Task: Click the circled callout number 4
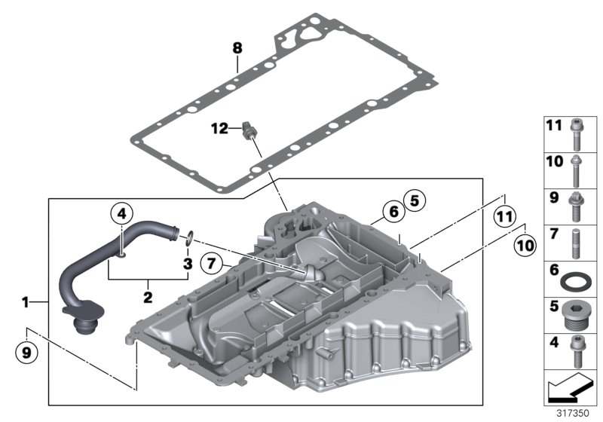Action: coord(121,213)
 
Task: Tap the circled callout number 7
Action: coord(213,263)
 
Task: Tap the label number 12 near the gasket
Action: coord(219,130)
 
